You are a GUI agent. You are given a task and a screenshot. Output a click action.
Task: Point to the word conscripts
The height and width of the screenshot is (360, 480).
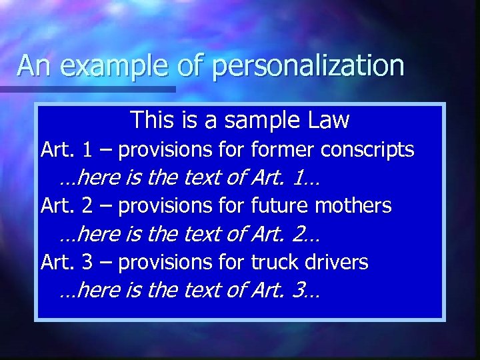point(367,151)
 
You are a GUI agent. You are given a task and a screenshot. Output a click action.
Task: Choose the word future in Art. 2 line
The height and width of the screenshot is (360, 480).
point(278,206)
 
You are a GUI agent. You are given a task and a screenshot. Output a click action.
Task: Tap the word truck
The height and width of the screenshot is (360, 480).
point(275,262)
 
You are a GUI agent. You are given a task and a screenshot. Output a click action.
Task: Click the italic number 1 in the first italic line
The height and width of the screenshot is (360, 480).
point(299,179)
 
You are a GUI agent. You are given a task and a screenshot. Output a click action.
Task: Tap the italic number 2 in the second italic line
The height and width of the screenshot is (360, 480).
point(299,235)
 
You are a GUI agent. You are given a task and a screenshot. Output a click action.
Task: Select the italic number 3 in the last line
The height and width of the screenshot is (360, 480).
point(299,291)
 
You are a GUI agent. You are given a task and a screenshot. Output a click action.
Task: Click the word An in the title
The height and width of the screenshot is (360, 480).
point(32,66)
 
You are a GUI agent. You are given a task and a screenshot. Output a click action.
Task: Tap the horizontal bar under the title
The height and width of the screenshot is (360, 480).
point(87,89)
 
